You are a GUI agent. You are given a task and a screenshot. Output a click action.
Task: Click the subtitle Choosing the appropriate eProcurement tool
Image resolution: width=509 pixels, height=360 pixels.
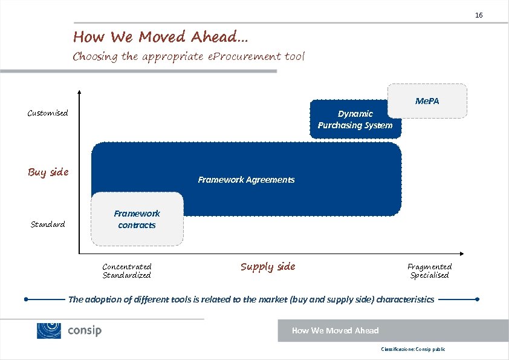(189, 57)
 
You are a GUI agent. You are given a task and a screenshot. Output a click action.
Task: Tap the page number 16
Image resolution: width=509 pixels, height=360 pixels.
(479, 15)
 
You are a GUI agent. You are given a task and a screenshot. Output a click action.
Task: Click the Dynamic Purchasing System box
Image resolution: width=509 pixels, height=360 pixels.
(355, 119)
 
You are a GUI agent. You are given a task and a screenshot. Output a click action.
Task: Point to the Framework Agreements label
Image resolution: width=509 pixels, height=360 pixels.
(246, 180)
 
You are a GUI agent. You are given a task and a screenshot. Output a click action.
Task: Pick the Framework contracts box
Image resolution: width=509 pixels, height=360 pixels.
(137, 219)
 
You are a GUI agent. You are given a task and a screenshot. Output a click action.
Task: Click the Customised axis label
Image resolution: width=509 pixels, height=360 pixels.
(48, 113)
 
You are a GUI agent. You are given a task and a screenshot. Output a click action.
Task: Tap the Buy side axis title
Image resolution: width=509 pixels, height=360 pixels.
(48, 172)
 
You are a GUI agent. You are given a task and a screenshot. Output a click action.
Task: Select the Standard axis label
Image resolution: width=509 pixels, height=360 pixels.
(48, 224)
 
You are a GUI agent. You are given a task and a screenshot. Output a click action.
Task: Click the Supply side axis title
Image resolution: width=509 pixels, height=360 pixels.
(268, 267)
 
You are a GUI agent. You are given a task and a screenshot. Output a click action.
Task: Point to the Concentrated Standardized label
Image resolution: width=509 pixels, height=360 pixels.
(127, 270)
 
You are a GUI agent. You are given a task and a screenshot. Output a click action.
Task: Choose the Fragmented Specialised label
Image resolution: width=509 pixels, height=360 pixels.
(429, 270)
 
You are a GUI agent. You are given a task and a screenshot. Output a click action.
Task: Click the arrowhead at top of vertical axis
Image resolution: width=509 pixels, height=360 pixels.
(79, 93)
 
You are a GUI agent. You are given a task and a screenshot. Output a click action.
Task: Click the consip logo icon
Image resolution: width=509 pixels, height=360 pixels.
(49, 330)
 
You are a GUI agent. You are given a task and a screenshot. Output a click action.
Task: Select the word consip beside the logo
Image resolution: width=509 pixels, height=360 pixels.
(85, 331)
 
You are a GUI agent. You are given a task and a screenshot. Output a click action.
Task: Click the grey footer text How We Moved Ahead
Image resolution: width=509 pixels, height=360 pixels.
(335, 330)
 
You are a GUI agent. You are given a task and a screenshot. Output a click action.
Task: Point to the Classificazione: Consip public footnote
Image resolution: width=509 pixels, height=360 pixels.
(413, 350)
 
